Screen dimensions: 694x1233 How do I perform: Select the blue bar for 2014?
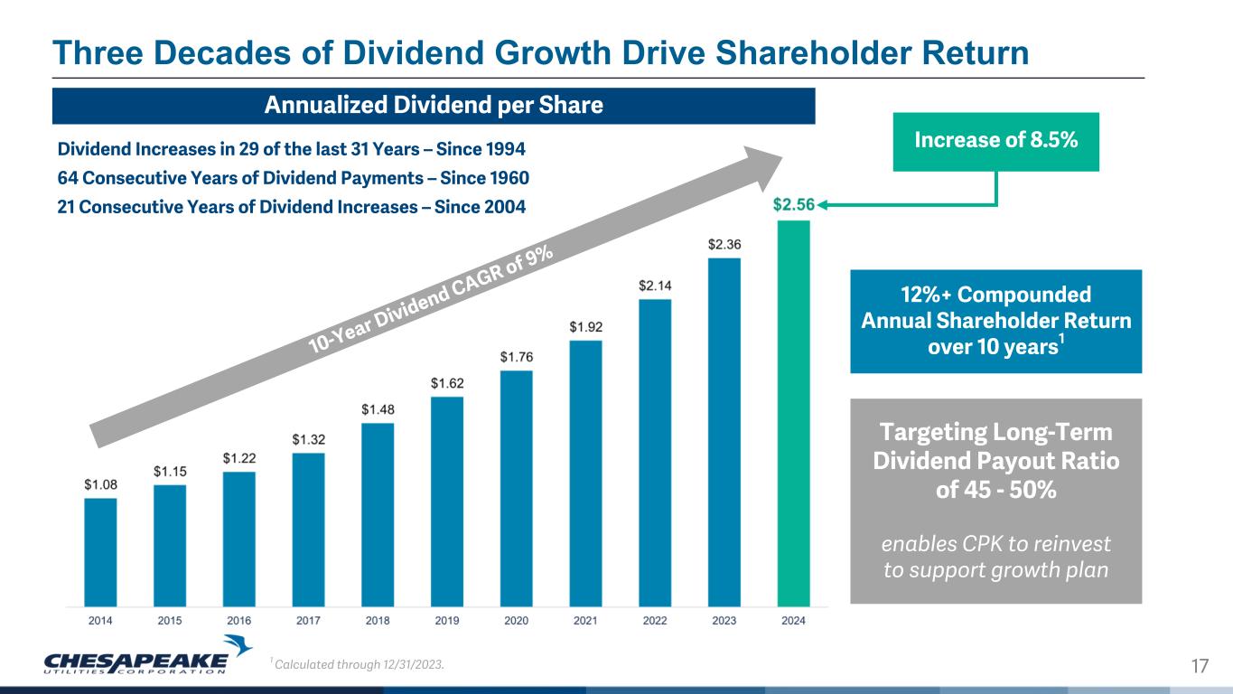(x=100, y=551)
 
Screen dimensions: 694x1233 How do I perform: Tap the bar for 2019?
(x=447, y=501)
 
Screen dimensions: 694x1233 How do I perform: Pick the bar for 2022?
(x=655, y=452)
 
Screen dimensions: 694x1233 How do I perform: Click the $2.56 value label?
(x=793, y=205)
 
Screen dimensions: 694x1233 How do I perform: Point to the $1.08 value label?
(x=100, y=484)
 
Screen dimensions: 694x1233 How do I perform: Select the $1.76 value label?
(x=516, y=357)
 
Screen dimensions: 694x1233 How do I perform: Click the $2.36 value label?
(x=724, y=244)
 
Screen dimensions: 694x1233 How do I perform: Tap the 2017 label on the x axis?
(x=308, y=621)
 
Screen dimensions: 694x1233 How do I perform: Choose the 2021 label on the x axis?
(x=585, y=621)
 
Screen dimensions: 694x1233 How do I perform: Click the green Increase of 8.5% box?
(x=995, y=142)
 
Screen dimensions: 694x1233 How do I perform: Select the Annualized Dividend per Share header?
(x=434, y=106)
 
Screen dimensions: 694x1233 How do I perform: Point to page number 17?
(x=1200, y=667)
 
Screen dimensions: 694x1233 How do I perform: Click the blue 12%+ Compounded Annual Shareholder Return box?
(x=995, y=321)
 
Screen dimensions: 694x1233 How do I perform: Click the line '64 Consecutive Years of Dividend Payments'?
(x=293, y=177)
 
